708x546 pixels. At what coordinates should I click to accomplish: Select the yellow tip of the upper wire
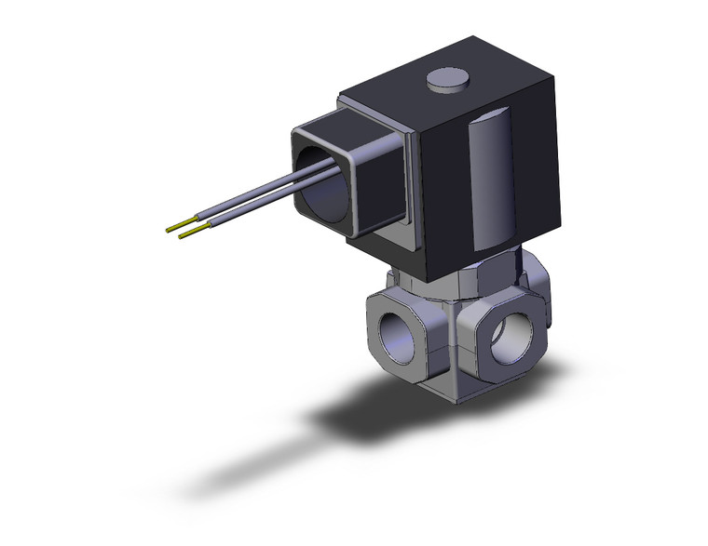click(x=173, y=226)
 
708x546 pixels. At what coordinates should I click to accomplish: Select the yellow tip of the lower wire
click(x=185, y=233)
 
